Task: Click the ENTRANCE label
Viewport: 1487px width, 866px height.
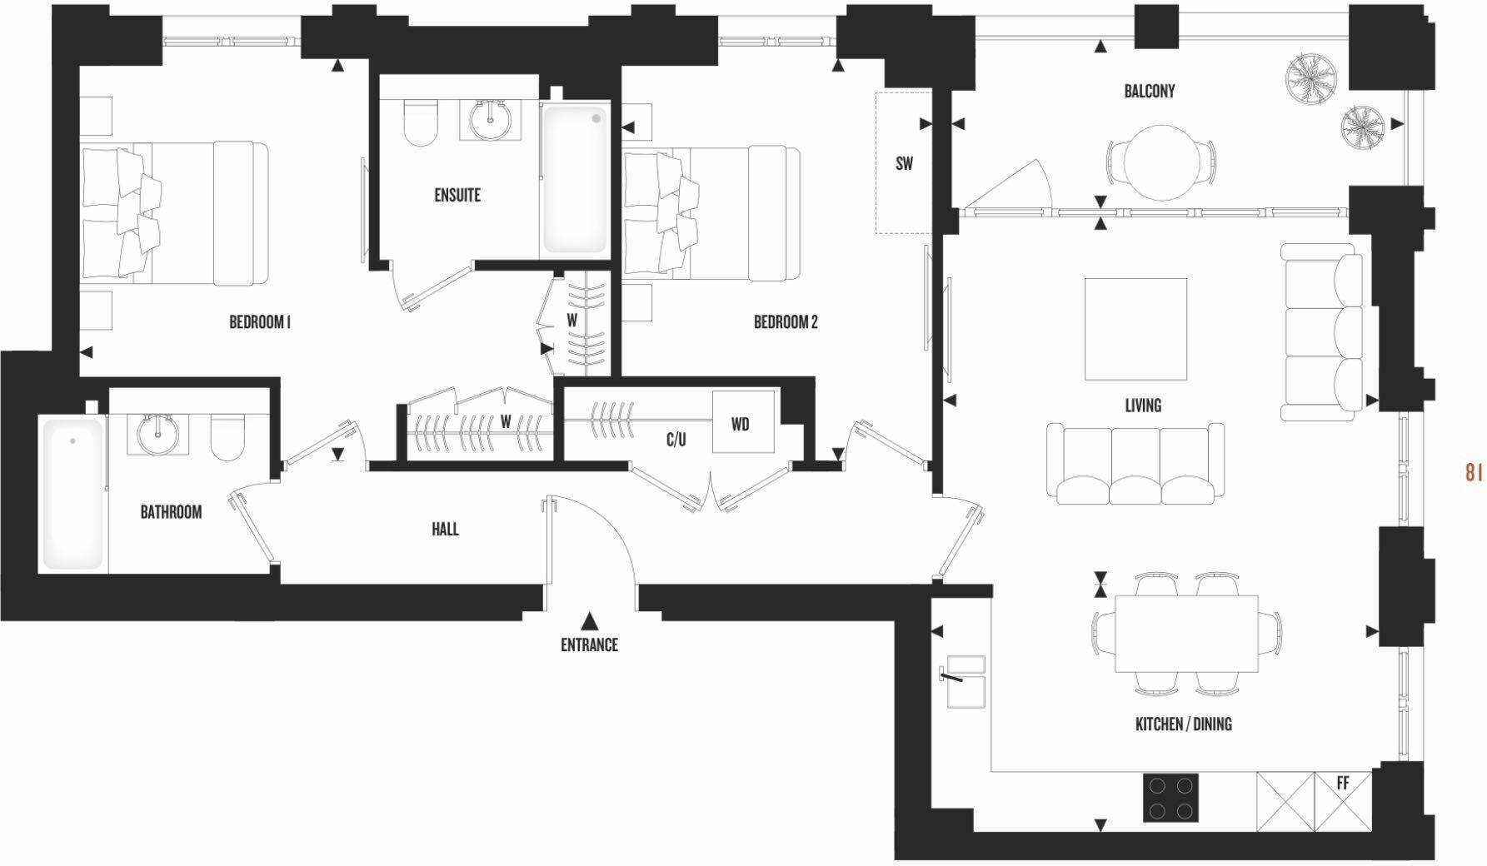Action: pos(589,645)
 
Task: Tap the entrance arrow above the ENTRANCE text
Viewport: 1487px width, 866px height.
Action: pos(589,620)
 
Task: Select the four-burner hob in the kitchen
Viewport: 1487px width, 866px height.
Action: pos(1170,798)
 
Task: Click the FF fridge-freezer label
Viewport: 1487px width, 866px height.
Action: pos(1342,784)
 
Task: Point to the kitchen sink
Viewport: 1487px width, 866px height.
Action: pos(966,681)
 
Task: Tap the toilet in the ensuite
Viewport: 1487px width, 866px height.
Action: pos(421,122)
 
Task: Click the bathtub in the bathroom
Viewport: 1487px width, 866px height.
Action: pos(72,494)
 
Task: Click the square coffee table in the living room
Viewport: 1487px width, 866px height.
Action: pos(1135,329)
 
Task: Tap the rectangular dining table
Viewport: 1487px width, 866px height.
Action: pos(1186,634)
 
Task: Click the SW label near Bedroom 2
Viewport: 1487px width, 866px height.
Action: pos(904,164)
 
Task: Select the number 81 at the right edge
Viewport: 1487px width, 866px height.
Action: pos(1473,472)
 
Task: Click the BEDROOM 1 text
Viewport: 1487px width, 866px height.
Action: pos(259,322)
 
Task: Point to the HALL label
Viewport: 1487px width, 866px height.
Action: pos(445,529)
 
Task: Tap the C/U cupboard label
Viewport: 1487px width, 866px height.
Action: pos(676,440)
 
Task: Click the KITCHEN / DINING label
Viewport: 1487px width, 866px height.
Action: pos(1183,724)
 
